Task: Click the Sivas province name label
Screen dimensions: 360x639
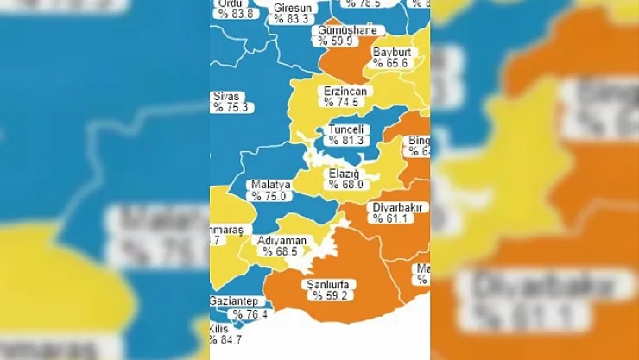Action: (x=228, y=97)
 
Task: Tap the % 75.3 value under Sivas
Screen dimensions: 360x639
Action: (x=231, y=108)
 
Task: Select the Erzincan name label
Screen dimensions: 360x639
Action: (x=345, y=91)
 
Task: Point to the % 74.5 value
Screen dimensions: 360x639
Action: (x=342, y=102)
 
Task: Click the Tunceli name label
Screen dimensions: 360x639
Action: (x=348, y=129)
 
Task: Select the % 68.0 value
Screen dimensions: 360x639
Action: (x=343, y=184)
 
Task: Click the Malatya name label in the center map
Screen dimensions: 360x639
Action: (x=269, y=185)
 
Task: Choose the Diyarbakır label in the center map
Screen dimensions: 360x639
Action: (x=396, y=207)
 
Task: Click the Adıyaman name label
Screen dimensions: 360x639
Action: (x=282, y=241)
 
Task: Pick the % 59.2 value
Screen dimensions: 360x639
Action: (x=329, y=296)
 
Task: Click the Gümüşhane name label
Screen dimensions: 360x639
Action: (x=347, y=30)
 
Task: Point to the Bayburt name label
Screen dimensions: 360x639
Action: (x=392, y=52)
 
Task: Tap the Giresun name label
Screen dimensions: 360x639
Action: (x=292, y=8)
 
